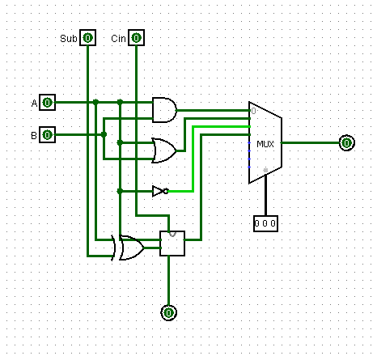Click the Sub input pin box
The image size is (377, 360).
click(87, 38)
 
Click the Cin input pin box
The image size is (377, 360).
click(136, 38)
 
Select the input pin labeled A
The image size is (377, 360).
click(47, 103)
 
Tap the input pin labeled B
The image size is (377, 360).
click(47, 134)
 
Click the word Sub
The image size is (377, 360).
click(69, 39)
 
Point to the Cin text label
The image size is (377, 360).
click(118, 39)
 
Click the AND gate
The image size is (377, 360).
click(164, 110)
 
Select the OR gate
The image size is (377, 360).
click(164, 150)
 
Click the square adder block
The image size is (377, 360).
click(172, 244)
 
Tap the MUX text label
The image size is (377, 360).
click(265, 144)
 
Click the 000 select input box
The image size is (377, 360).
click(265, 223)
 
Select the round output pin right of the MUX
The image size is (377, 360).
click(347, 143)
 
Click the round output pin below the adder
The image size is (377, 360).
click(169, 313)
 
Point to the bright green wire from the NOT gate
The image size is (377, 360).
click(193, 159)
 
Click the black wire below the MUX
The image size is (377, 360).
click(265, 195)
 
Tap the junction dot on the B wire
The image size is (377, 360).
click(104, 134)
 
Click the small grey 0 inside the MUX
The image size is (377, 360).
click(253, 111)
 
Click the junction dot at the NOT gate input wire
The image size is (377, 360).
click(120, 191)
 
